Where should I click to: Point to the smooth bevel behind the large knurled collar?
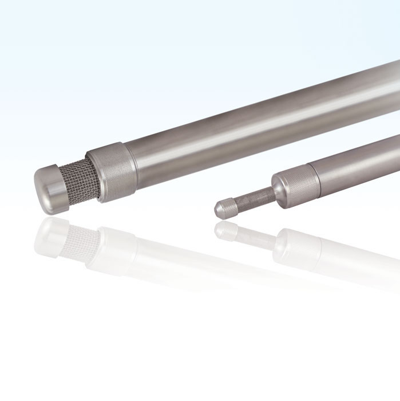click(130, 160)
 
